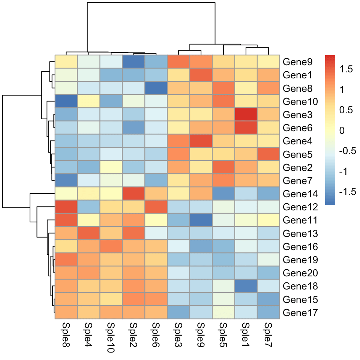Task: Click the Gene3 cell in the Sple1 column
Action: tap(246, 115)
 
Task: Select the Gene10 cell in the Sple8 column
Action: tap(66, 102)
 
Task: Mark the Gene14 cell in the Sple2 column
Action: tap(133, 194)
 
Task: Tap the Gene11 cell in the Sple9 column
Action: tap(201, 220)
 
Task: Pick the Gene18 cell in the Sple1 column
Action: tap(246, 286)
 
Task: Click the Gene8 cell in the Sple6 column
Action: tap(156, 88)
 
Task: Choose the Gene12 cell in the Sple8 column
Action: tap(66, 207)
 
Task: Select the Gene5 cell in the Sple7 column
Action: tap(268, 154)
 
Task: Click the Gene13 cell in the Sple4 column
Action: tap(88, 233)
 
